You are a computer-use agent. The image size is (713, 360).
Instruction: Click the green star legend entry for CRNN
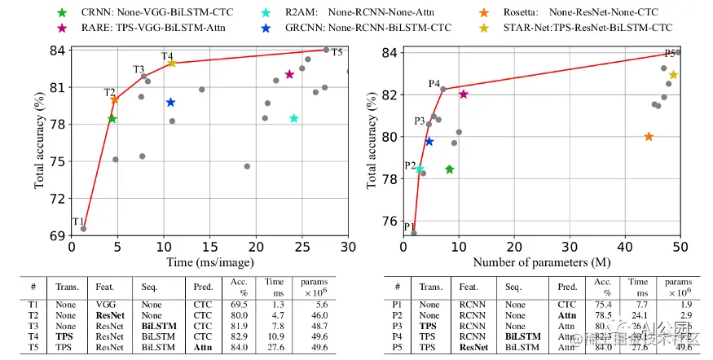coord(63,14)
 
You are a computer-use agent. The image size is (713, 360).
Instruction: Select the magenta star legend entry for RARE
coord(63,28)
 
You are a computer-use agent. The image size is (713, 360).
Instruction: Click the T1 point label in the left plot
coord(78,222)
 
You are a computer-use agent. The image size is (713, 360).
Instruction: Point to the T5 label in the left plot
coord(337,53)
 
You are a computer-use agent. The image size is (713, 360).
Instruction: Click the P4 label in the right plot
coord(434,84)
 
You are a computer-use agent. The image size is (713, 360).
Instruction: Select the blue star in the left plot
coord(170,103)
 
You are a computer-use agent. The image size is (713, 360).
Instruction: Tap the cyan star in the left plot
coord(294,118)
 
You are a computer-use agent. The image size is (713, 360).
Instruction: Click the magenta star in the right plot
coord(464,94)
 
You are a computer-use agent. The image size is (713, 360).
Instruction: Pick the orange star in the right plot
coord(649,137)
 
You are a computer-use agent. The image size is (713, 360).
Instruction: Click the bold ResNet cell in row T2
coord(109,314)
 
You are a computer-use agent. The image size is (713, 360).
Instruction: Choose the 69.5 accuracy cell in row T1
coord(239,303)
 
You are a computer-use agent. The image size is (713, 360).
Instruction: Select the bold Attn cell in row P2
coord(567,314)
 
